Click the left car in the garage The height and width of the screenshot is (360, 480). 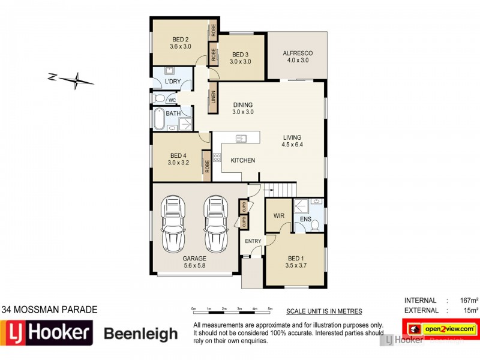pyautogui.click(x=173, y=223)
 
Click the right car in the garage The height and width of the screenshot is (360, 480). pyautogui.click(x=216, y=223)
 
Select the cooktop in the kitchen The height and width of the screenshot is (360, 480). pyautogui.click(x=217, y=159)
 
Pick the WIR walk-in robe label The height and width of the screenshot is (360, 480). pyautogui.click(x=278, y=214)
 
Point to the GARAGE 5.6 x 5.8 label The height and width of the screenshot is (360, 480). pyautogui.click(x=194, y=262)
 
